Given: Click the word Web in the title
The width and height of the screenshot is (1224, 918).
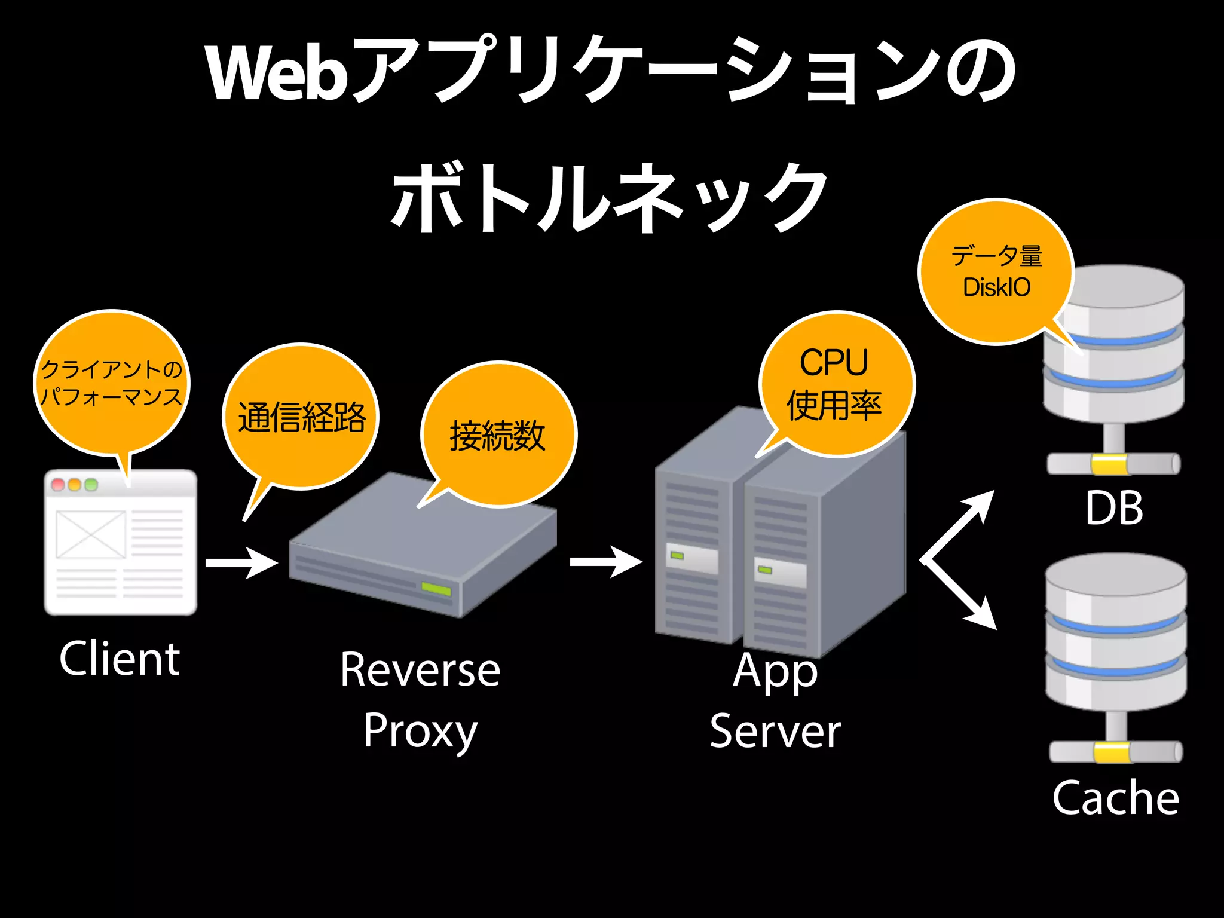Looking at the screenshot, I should pos(278,73).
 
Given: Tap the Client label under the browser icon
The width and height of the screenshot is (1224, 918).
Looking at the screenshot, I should pos(120,659).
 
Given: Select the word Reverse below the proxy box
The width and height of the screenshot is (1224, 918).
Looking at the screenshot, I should pos(420,670).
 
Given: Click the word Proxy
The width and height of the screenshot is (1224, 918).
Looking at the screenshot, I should pos(420,731).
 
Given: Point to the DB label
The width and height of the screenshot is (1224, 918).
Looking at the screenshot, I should pos(1114,509).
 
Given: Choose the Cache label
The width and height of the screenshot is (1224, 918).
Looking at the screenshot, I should pos(1115,798).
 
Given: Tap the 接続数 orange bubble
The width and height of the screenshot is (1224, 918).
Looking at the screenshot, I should pos(498,434).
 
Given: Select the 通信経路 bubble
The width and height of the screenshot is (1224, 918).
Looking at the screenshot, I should pos(301,417).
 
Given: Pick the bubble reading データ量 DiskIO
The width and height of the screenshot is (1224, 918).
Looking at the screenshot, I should pos(996,271).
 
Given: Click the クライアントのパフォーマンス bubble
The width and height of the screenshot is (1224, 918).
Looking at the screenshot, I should pos(111,382).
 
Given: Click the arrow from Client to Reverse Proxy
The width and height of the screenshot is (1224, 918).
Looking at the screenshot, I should pos(241,563).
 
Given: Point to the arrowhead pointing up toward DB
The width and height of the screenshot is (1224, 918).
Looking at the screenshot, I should pos(981,503).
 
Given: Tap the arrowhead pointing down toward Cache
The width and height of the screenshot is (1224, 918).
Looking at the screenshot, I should pos(983,618).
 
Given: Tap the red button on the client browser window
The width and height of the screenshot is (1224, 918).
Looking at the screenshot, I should pos(58,484).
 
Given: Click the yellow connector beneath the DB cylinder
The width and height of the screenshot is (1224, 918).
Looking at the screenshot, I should pos(1109,464).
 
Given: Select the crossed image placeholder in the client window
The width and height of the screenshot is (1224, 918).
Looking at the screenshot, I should pos(91,534).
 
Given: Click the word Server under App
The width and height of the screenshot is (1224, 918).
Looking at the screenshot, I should pos(775,731).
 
